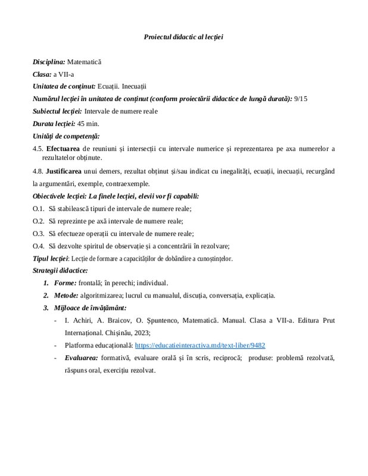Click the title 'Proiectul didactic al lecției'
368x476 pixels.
point(183,37)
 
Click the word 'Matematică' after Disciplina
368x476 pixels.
point(85,61)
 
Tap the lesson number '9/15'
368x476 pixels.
point(301,99)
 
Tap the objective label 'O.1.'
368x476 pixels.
point(39,208)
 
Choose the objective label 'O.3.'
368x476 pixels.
point(39,233)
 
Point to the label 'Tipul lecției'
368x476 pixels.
point(51,258)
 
